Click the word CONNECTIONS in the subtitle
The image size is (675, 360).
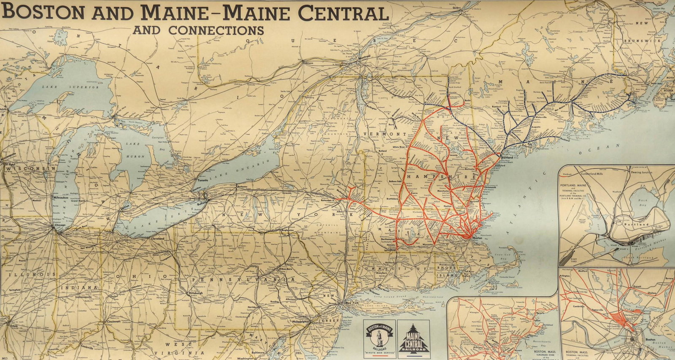click(216, 30)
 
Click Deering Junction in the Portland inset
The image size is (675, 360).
click(641, 172)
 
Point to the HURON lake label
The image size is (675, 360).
click(135, 156)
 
